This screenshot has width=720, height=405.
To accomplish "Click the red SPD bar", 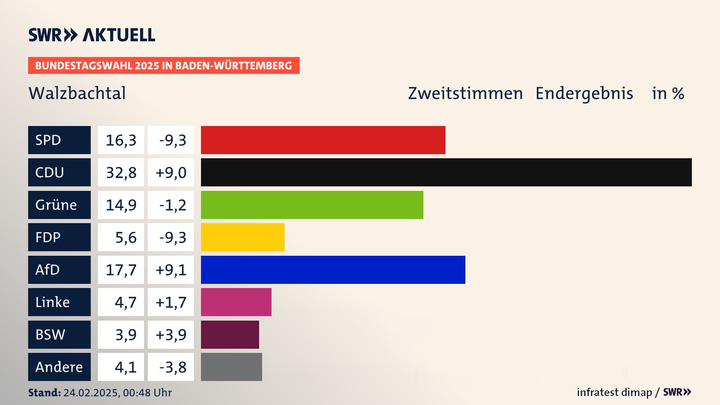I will pyautogui.click(x=323, y=140).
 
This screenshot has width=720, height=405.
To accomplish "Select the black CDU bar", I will pyautogui.click(x=446, y=172).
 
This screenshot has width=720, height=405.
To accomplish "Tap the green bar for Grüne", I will pyautogui.click(x=312, y=205).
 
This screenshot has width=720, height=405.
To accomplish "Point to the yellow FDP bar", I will pyautogui.click(x=243, y=237).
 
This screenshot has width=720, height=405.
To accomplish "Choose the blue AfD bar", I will pyautogui.click(x=333, y=270).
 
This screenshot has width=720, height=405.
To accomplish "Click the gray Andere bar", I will pyautogui.click(x=231, y=367).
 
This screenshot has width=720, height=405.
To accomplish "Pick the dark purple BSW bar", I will pyautogui.click(x=230, y=334).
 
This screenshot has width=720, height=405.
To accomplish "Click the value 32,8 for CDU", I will pyautogui.click(x=121, y=172).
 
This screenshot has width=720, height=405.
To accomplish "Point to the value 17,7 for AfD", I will pyautogui.click(x=121, y=270).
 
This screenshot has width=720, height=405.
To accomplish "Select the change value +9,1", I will pyautogui.click(x=171, y=270).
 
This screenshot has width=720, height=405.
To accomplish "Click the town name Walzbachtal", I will pyautogui.click(x=77, y=93).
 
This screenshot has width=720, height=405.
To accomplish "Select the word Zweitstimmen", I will pyautogui.click(x=465, y=93).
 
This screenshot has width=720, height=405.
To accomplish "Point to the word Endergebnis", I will pyautogui.click(x=584, y=93).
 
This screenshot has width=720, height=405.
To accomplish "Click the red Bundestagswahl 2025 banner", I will pyautogui.click(x=163, y=66).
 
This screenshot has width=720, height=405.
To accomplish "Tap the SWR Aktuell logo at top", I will pyautogui.click(x=92, y=35).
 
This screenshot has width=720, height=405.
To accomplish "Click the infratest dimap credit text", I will pyautogui.click(x=614, y=392).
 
